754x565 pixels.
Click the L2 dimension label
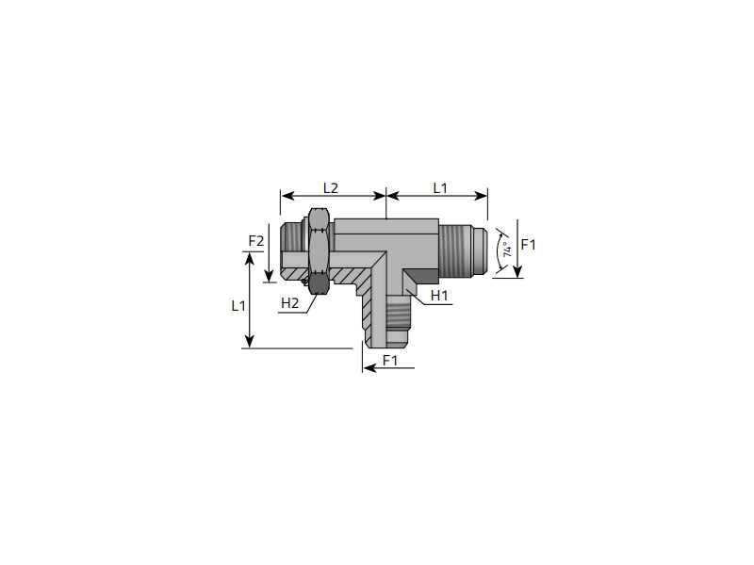[x=331, y=187]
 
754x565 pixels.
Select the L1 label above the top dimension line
[x=440, y=187]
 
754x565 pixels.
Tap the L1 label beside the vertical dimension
[x=238, y=305]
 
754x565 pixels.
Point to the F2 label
[x=255, y=241]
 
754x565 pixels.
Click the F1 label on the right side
[x=528, y=245]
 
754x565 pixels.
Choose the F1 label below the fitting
[x=390, y=360]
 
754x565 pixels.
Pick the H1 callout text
[x=439, y=296]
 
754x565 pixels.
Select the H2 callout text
[x=290, y=303]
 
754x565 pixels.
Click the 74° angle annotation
[x=507, y=250]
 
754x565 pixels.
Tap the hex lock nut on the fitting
[x=319, y=250]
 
